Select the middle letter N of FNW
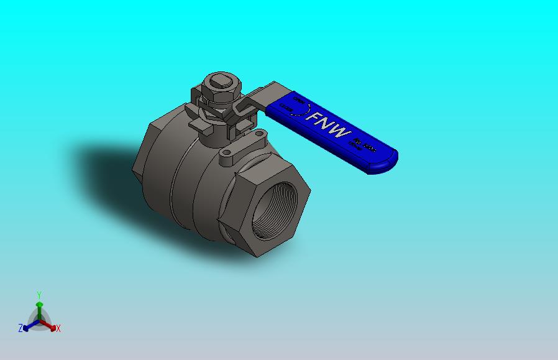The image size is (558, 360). coord(328,125)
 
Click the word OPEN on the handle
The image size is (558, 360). coord(298,99)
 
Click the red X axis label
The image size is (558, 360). coord(58,328)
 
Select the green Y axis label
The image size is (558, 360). coord(39,295)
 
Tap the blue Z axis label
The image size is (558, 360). coord(21,328)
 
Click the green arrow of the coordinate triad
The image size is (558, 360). coord(39,307)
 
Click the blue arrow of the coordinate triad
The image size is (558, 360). coord(29,325)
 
